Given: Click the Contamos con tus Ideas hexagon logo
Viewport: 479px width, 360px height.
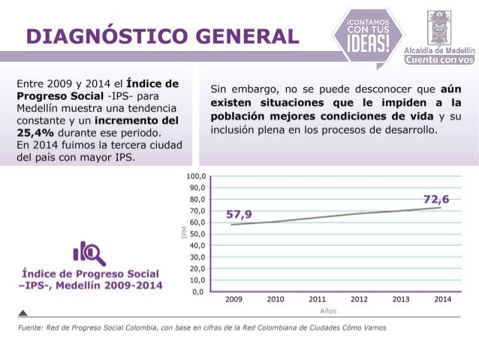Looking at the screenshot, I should (x=368, y=34).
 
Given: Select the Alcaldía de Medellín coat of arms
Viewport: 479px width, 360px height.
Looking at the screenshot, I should (x=440, y=27).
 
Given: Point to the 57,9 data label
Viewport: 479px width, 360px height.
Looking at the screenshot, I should (x=239, y=215).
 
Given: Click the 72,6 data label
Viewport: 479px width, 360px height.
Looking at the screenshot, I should (x=436, y=199).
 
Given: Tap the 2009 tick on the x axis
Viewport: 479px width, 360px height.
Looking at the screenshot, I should (x=233, y=299).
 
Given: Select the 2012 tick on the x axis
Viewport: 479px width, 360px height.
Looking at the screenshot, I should (x=359, y=299).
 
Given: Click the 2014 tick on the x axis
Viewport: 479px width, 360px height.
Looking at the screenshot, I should (x=442, y=299).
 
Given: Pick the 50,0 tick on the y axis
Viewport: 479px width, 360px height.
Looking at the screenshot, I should (x=197, y=234).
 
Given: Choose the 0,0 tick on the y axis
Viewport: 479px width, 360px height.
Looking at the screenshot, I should (x=199, y=291).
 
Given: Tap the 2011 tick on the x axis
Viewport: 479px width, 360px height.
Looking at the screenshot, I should (x=317, y=299).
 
